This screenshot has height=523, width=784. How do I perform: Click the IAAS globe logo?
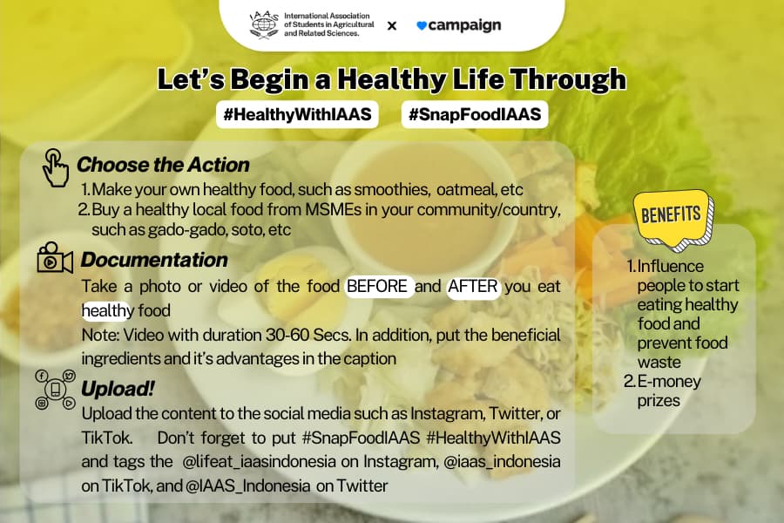coord(263,24)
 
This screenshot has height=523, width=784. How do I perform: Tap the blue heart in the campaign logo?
coord(422,25)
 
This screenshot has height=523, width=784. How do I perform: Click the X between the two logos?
coord(392,25)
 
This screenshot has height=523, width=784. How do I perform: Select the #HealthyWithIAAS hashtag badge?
coord(297,114)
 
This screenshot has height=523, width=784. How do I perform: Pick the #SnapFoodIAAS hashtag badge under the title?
coord(475,114)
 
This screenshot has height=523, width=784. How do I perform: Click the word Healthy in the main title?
coord(391,79)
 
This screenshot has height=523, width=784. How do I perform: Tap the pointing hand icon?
coord(56,167)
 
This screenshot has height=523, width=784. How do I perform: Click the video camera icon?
coord(55,258)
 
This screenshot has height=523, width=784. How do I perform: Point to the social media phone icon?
coord(55,390)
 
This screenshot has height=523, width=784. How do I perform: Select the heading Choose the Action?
coord(163,165)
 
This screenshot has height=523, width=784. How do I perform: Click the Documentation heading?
coord(154,260)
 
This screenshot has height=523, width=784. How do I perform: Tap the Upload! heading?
coord(118,389)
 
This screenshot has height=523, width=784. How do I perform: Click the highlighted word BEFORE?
coord(377,286)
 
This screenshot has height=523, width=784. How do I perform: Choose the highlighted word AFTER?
coord(473,286)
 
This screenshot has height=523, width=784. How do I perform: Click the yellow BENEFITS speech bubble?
coord(673,218)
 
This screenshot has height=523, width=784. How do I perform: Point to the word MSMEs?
coord(333,209)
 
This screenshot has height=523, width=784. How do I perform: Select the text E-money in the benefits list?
coord(669,382)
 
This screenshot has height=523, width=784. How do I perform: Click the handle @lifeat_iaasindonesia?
coord(259,461)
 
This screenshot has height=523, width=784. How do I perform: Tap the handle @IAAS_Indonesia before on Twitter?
coord(248,486)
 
